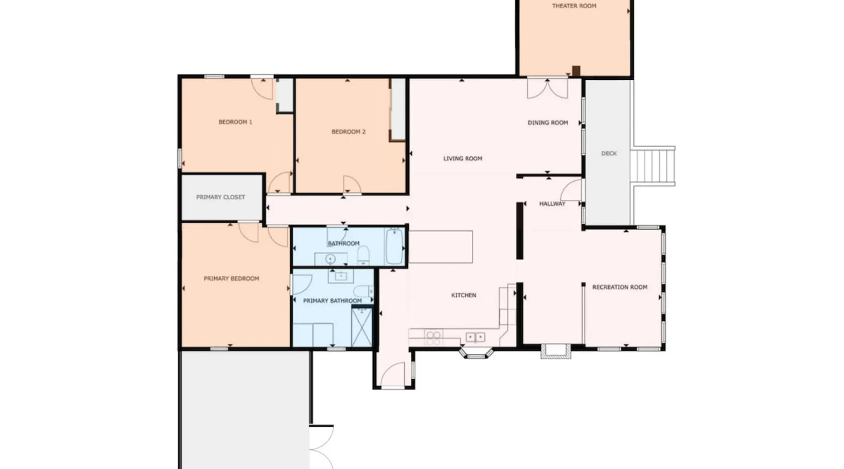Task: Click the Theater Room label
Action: pos(574,6)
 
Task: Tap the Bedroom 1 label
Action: pos(235,122)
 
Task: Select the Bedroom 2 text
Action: pos(348,132)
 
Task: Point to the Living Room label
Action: pos(463,159)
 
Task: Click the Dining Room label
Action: pos(548,122)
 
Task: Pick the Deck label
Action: pos(609,153)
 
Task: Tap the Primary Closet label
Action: pos(220,197)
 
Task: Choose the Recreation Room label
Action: pos(619,287)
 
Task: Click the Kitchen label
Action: pos(464,295)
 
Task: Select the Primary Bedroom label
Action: pos(231,279)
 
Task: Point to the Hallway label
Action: pos(552,204)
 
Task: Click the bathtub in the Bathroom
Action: pos(395,247)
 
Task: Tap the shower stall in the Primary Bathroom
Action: pos(362,327)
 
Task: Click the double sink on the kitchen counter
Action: pos(475,337)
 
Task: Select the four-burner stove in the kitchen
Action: pos(434,338)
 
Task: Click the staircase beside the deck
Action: pos(653,166)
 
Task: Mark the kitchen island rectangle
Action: pos(440,247)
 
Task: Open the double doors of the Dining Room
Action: pos(548,88)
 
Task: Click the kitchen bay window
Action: pos(476,353)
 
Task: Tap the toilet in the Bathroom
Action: pos(363,256)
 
